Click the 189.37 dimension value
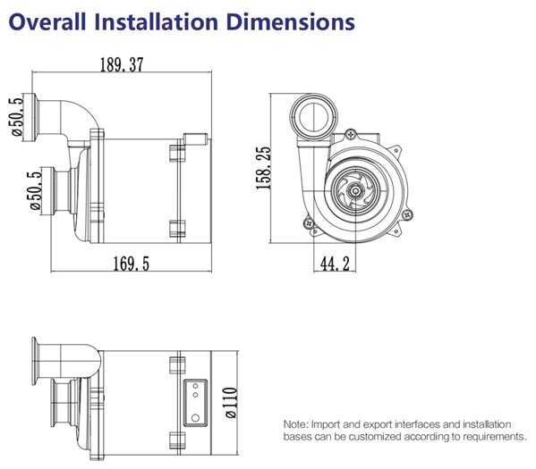point(122,64)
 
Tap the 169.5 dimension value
point(132,264)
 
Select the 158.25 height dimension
point(264,168)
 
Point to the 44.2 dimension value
point(335,264)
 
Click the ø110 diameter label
point(232,403)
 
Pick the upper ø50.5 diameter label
point(17,116)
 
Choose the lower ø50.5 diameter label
point(36,190)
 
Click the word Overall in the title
point(47,21)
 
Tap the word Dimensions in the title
point(291,21)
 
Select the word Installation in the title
point(157,21)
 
